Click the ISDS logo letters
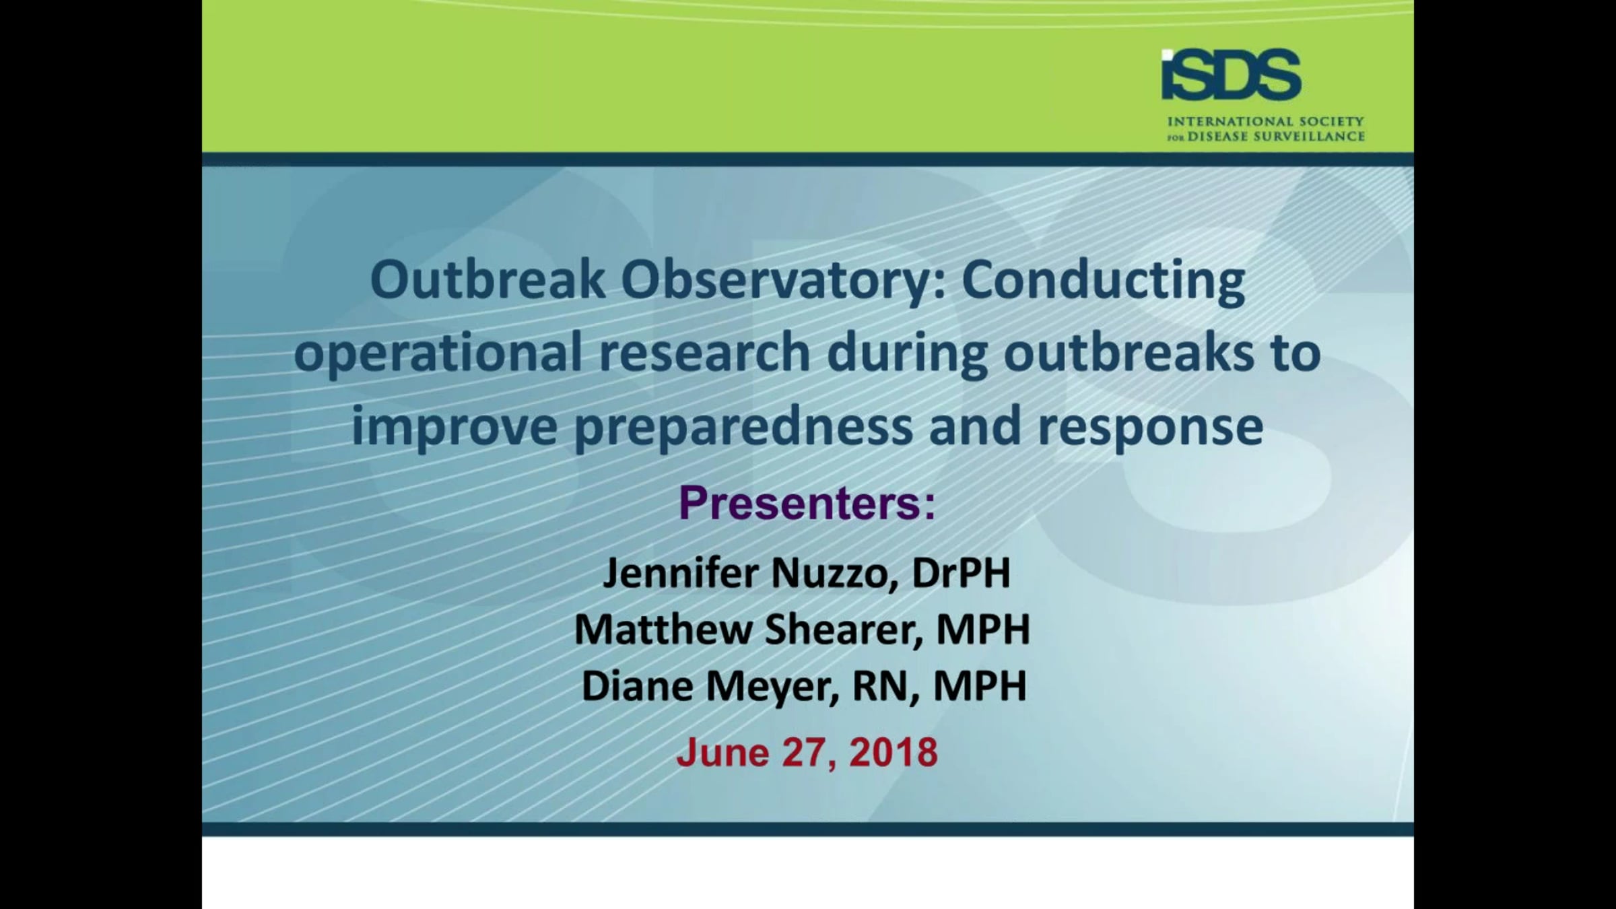[1231, 75]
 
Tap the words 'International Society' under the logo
[1265, 122]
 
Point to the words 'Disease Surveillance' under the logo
[1276, 137]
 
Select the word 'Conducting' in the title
[1103, 281]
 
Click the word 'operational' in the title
[438, 353]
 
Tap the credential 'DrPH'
[961, 573]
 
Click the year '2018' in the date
[894, 752]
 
